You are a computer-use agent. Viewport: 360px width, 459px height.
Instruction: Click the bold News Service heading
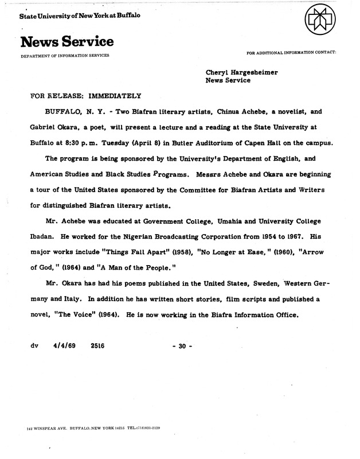[x=66, y=42]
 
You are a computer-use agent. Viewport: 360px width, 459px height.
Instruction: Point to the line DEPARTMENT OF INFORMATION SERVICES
[x=65, y=55]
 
